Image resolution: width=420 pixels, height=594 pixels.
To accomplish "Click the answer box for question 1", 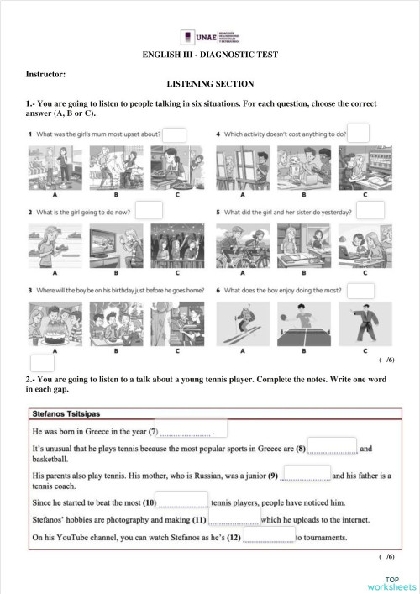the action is point(174,135).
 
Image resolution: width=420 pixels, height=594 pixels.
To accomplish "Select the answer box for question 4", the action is point(359,133).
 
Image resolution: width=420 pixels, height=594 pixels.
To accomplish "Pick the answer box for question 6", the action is point(360,290).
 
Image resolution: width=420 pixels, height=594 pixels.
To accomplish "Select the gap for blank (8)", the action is point(333,448).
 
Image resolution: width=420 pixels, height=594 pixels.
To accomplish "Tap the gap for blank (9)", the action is point(306,475).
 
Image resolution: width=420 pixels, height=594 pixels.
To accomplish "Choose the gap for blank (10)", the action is point(183,502).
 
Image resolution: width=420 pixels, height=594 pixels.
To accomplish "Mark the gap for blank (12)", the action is point(269,535).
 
